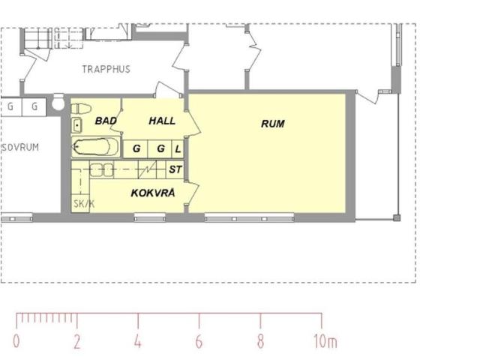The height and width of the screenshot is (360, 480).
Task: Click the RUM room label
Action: [273, 124]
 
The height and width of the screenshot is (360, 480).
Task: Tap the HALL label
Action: [162, 121]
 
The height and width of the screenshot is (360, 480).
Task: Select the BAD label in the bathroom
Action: [106, 121]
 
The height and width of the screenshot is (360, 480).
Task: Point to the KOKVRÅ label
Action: [153, 193]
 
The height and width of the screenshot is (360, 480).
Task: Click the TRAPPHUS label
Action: [106, 69]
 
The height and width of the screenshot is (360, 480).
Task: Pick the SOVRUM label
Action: [20, 147]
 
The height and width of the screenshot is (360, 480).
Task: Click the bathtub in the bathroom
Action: [94, 147]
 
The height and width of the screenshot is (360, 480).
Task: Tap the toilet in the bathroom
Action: [81, 108]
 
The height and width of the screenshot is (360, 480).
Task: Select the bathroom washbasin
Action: [76, 125]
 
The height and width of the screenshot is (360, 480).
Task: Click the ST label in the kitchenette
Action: [175, 169]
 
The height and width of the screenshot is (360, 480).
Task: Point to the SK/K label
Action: [84, 204]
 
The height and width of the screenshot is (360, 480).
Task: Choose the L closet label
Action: [178, 149]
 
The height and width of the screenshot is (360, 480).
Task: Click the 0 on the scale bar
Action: [16, 341]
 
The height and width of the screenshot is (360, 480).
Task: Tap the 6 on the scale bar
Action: [199, 341]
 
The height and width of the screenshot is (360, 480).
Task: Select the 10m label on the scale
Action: [325, 341]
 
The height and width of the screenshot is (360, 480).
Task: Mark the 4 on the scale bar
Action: [138, 341]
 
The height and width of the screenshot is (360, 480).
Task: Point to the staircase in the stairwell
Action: [52, 38]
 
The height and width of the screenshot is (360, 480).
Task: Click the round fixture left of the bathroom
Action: [58, 102]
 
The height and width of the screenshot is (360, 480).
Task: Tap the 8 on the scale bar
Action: [260, 341]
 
